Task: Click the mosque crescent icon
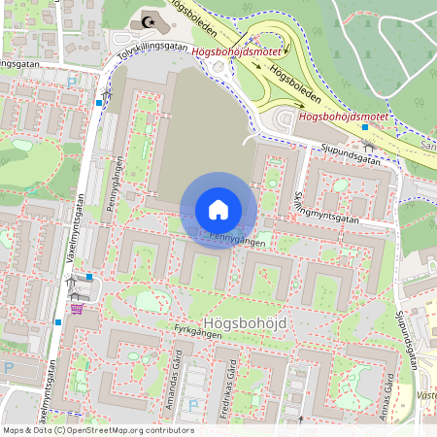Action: point(149,19)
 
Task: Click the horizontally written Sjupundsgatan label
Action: point(349,151)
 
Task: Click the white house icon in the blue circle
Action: point(218,210)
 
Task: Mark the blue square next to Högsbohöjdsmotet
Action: point(364,127)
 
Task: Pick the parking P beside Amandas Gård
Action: point(191,405)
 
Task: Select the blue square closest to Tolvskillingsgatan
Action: point(99,102)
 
